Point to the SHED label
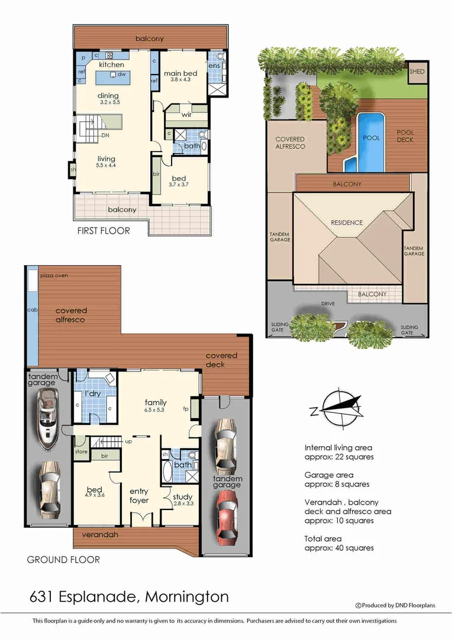click(x=417, y=72)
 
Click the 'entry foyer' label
click(x=139, y=496)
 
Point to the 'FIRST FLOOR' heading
click(x=104, y=231)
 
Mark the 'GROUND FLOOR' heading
click(x=63, y=559)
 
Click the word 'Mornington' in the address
click(x=187, y=596)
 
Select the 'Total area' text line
click(x=323, y=538)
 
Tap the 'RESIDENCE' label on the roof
click(x=347, y=222)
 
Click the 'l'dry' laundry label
click(x=91, y=393)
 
